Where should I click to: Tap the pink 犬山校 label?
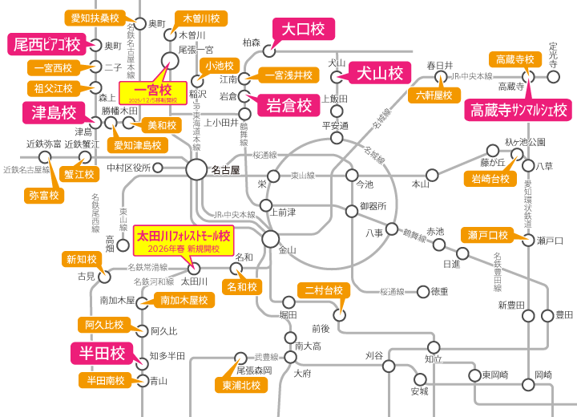(x=379, y=74)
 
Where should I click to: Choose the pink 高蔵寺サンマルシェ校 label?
(x=519, y=108)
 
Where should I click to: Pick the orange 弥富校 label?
(x=44, y=194)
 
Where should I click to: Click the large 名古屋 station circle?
(x=196, y=168)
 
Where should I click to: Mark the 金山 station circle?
(x=271, y=238)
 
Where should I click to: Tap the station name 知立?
(x=434, y=358)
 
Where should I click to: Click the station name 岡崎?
(x=543, y=374)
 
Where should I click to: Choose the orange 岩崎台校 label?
(x=490, y=178)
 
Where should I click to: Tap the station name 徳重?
(x=440, y=291)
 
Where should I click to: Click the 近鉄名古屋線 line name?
(x=26, y=170)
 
